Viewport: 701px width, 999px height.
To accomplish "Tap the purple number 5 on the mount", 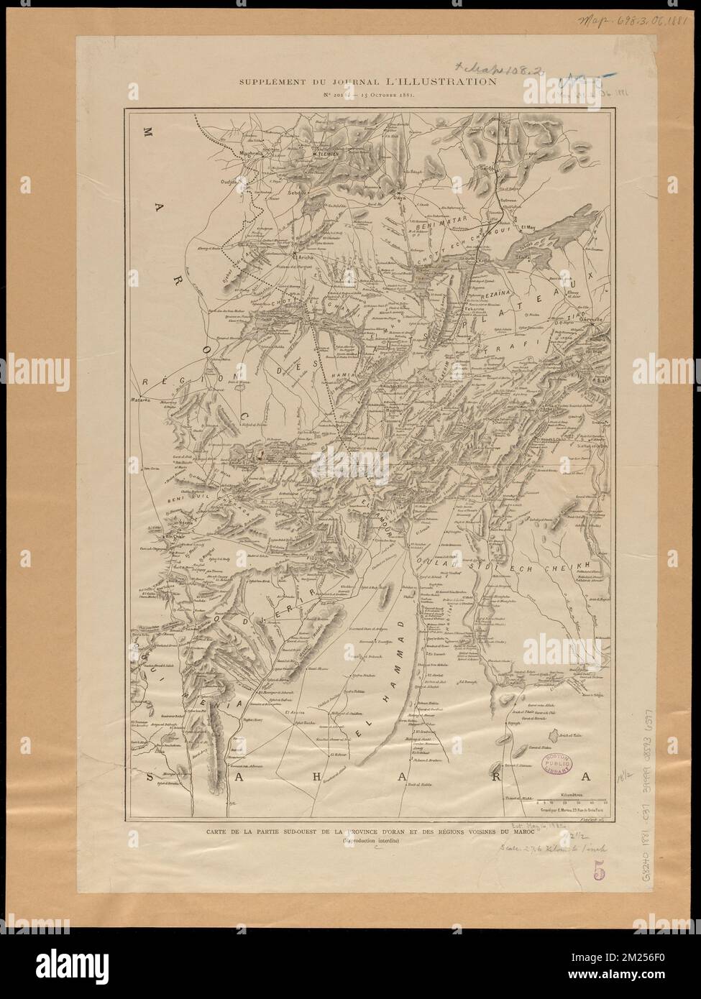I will coord(599,870).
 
